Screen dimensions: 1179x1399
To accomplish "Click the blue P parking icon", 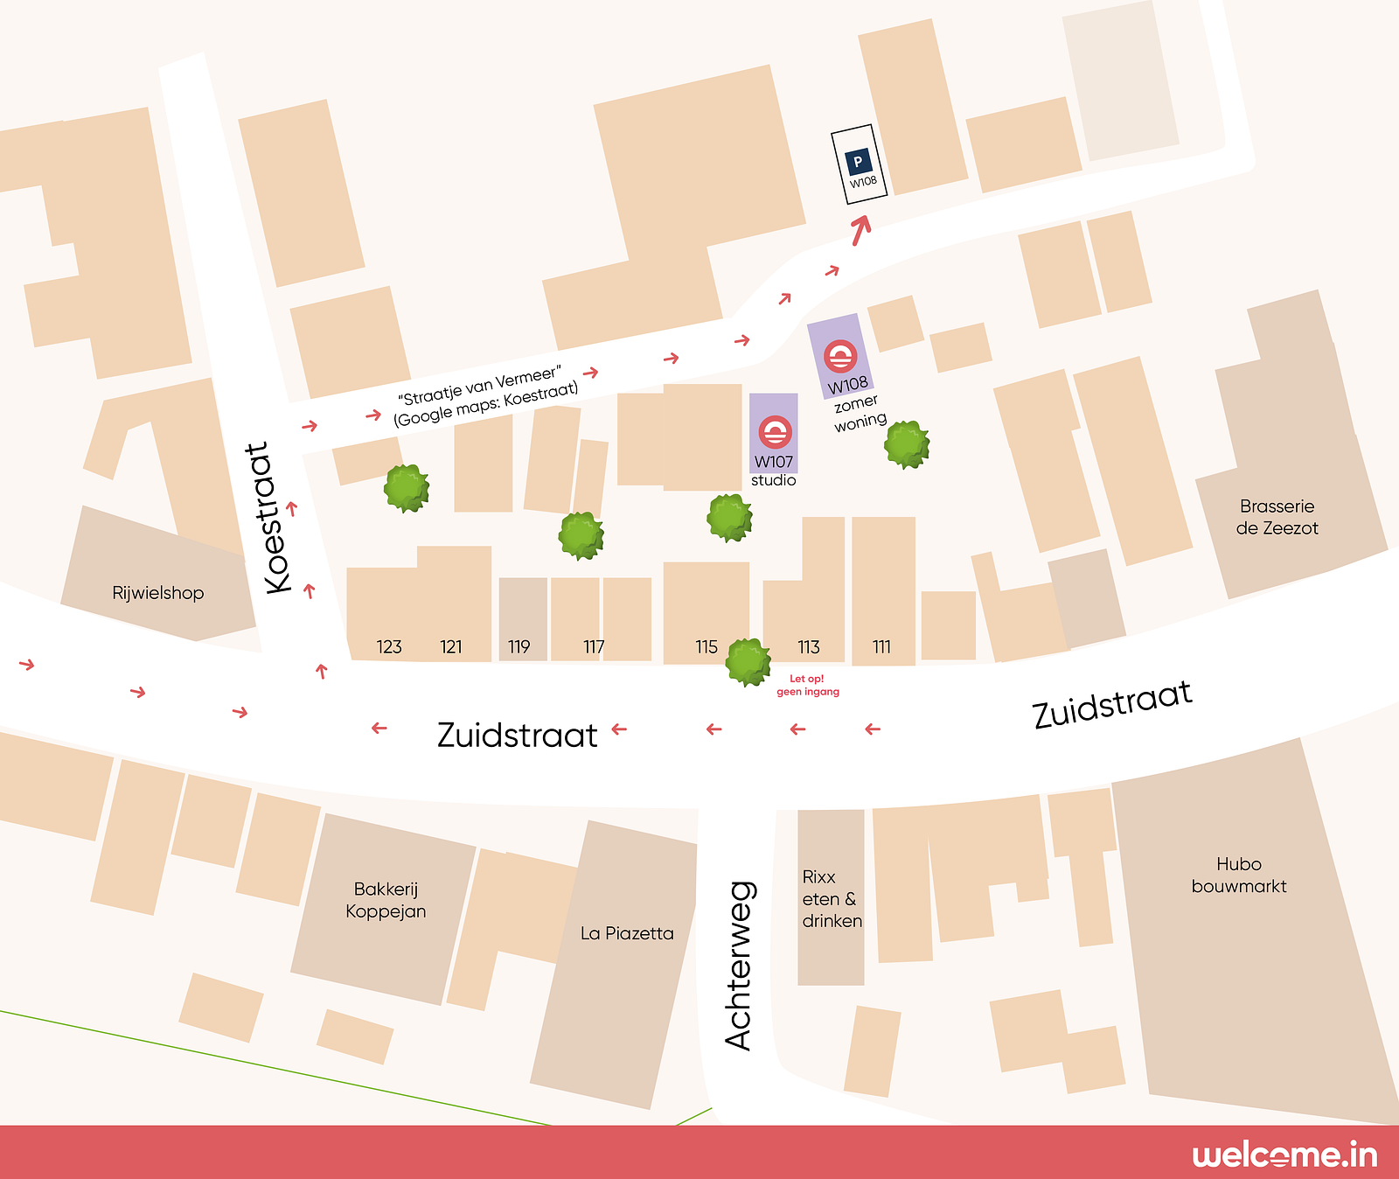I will [858, 162].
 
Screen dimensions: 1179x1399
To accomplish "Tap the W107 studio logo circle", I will [775, 432].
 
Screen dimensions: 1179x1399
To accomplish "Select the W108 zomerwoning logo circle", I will [840, 356].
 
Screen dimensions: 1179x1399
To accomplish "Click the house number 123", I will [389, 647].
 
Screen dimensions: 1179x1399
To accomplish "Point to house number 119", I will [519, 647].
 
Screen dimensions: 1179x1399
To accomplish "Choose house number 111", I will [881, 647].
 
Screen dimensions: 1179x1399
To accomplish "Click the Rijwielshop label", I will [158, 593].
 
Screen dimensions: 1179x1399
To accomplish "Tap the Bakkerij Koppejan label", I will [386, 900].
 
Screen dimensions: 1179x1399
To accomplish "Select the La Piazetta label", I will [627, 933].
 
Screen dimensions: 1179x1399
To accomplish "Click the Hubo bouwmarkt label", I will [1239, 875].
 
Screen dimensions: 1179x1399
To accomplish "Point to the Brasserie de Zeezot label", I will [1277, 517].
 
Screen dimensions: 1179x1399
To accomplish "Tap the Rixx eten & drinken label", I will [831, 899].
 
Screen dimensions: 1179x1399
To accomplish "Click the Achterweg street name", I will [739, 966].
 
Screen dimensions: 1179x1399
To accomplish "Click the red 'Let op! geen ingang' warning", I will [808, 685].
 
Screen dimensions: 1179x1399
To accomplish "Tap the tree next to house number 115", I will [748, 662].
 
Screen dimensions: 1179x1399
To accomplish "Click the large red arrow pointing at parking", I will [861, 229].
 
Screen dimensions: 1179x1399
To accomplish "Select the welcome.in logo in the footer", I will [1284, 1155].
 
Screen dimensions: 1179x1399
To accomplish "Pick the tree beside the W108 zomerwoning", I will [907, 444].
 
